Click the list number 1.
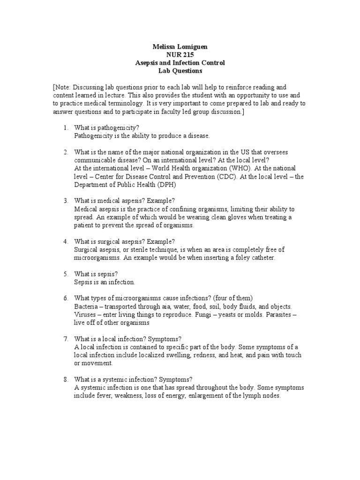click(66, 128)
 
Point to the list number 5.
click(66, 274)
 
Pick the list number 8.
click(66, 379)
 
